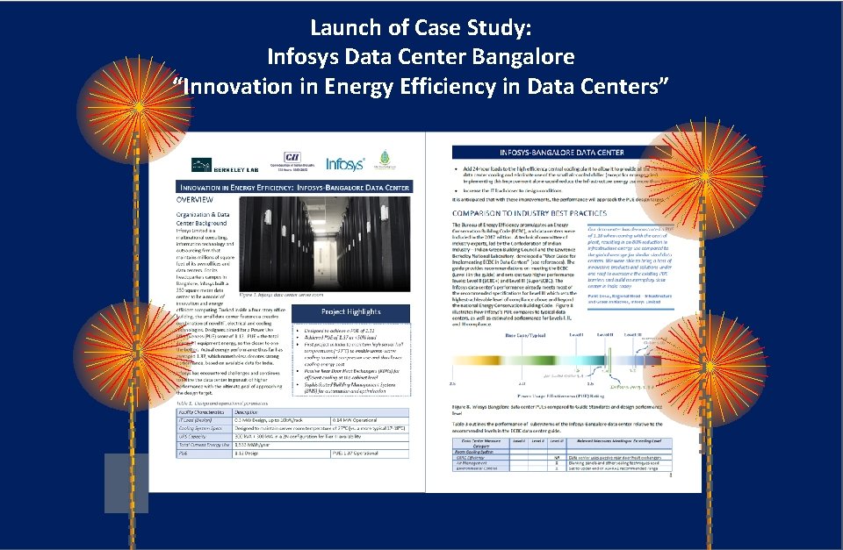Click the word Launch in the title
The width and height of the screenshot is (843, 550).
(x=345, y=29)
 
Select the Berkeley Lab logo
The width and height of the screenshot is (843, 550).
(x=215, y=165)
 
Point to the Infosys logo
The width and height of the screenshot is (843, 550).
(x=344, y=164)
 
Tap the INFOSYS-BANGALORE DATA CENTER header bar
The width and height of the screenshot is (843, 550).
(x=561, y=152)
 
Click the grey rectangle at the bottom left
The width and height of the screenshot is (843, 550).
(x=126, y=482)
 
